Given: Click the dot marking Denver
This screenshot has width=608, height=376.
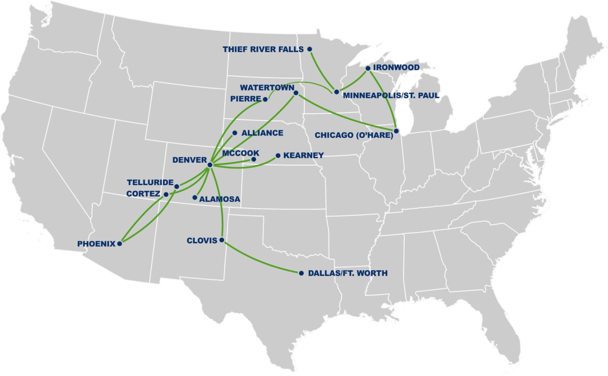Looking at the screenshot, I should tap(210, 165).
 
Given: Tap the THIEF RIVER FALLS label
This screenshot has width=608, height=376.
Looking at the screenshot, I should tap(263, 49).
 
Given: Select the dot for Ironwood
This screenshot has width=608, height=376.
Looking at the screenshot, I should tap(368, 68).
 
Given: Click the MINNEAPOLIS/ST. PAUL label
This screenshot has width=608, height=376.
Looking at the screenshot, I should tap(391, 95).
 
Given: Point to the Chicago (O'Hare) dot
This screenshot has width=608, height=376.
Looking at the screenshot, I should tap(396, 131).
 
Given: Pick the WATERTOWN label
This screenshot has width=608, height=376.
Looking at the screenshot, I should tap(267, 87).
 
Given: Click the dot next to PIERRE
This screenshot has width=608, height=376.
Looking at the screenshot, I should tap(265, 99).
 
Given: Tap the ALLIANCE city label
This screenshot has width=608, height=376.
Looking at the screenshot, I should tap(262, 133).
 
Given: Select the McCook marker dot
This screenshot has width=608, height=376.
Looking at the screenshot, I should tap(254, 159).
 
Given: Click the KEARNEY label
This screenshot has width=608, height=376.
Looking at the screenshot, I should tap(303, 155).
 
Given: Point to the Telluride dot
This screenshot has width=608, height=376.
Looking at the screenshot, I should tap(177, 187).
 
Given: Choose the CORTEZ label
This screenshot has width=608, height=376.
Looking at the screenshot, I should tap(143, 194).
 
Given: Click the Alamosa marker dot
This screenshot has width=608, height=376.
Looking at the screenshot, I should tap(195, 197).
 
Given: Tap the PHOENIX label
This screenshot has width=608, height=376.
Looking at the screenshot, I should tap(96, 244).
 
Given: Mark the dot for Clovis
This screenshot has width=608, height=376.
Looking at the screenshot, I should tap(222, 240).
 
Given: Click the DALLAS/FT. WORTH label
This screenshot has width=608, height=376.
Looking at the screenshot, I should tap(347, 273).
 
